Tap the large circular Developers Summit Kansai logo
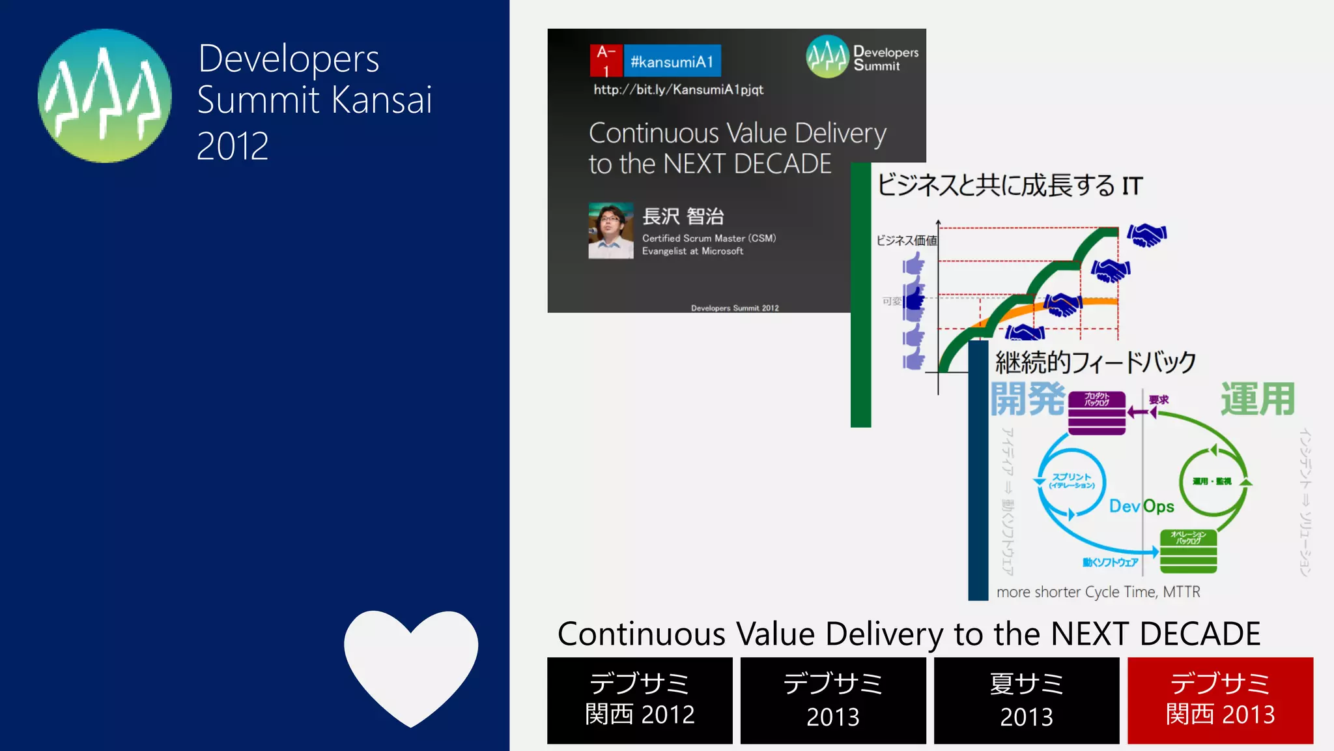coord(105,96)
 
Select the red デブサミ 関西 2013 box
coord(1220,700)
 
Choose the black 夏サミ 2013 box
coord(1027,700)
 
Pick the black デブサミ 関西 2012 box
coord(640,700)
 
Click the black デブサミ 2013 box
coord(833,700)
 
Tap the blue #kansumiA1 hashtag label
coord(672,61)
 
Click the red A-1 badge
coord(606,61)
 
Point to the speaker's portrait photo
coord(610,231)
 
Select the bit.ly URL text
coord(678,90)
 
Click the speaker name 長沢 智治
coord(683,216)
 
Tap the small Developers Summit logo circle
coord(827,57)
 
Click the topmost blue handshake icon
coord(1147,235)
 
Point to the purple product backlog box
coord(1097,412)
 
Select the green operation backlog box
coord(1188,552)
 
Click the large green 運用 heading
coord(1257,399)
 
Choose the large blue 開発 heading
coord(1028,399)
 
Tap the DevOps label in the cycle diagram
coord(1141,507)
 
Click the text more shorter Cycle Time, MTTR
coord(1098,592)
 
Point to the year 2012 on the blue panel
coord(233,146)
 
